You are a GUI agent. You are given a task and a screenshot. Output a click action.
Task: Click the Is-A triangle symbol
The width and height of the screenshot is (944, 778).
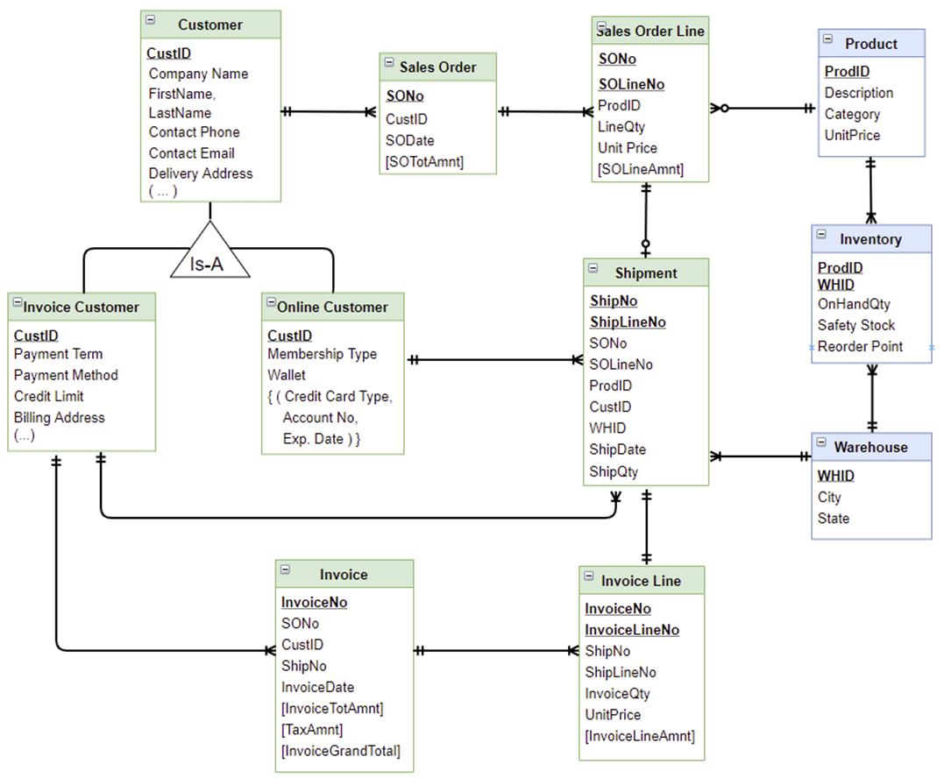tap(210, 255)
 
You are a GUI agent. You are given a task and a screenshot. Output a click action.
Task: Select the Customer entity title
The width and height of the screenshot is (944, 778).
tap(210, 25)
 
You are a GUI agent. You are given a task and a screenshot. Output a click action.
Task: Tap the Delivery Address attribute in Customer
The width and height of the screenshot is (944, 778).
tap(201, 173)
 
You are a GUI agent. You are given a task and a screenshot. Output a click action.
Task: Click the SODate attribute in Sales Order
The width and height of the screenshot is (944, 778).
tap(410, 140)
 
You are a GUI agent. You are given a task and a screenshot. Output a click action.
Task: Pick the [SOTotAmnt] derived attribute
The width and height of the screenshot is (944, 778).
tap(424, 161)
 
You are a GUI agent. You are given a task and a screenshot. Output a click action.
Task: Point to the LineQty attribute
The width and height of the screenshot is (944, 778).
tap(621, 127)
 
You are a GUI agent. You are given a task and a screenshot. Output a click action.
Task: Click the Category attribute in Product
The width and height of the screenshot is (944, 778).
tap(852, 114)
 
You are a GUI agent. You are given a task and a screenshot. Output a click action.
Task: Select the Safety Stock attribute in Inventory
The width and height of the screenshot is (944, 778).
tap(856, 325)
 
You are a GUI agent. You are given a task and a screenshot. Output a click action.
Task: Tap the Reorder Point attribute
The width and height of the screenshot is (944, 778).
tap(860, 346)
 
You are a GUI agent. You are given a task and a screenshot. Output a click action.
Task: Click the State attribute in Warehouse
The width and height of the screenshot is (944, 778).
tap(834, 518)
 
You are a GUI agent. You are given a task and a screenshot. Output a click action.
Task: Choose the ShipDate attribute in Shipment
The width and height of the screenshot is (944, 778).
tap(617, 449)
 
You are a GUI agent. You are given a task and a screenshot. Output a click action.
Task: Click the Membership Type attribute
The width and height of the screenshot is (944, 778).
tap(322, 354)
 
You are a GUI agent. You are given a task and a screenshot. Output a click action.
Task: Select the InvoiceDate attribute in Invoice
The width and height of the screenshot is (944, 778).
tap(317, 687)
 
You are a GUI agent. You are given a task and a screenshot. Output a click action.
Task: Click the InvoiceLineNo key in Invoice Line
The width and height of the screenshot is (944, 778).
tap(632, 630)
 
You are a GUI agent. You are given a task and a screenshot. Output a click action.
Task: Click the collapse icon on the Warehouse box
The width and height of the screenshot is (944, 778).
tap(821, 443)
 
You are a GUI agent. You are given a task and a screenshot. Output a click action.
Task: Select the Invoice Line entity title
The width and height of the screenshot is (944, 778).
tap(640, 581)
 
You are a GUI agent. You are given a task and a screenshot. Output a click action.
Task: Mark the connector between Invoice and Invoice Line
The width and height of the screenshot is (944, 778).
tap(495, 651)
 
